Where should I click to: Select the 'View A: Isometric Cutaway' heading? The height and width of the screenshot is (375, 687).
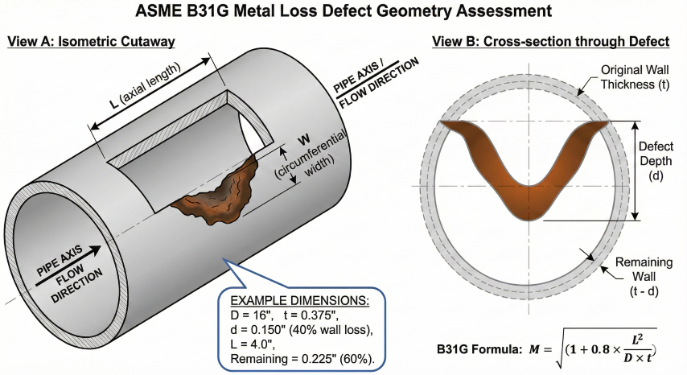tap(90, 41)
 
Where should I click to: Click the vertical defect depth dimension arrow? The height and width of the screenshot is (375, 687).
tap(636, 170)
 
